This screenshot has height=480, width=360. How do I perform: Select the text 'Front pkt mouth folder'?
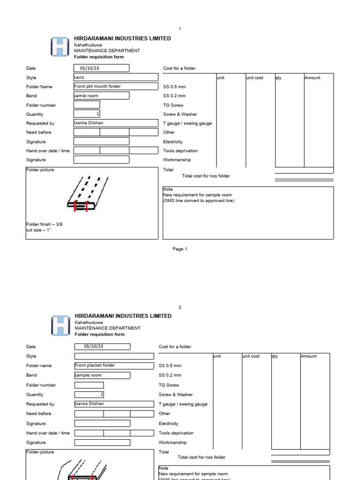tap(97, 86)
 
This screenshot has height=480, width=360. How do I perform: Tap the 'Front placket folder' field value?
tap(95, 365)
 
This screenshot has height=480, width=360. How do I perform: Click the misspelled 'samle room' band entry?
tap(87, 96)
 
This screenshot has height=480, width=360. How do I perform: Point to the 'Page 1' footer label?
tap(180, 249)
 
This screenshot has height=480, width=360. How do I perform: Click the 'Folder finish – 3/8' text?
tap(44, 224)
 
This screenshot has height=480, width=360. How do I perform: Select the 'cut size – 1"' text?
tap(38, 230)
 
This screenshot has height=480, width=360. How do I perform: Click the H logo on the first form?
tap(60, 47)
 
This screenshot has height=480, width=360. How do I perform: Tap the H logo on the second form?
tap(60, 325)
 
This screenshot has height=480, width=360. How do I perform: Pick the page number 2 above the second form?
tap(180, 307)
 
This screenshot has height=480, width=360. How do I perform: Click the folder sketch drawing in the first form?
tap(87, 195)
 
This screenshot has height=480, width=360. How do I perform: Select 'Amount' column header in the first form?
tap(312, 78)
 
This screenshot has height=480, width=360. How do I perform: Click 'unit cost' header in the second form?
tap(251, 356)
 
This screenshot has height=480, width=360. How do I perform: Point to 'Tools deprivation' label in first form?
tap(180, 151)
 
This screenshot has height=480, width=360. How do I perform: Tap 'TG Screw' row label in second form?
tap(169, 385)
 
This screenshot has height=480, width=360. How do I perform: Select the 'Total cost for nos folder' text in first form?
tap(206, 176)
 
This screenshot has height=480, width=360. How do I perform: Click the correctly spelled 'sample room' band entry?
tap(88, 375)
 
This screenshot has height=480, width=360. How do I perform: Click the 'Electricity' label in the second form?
tap(169, 423)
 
